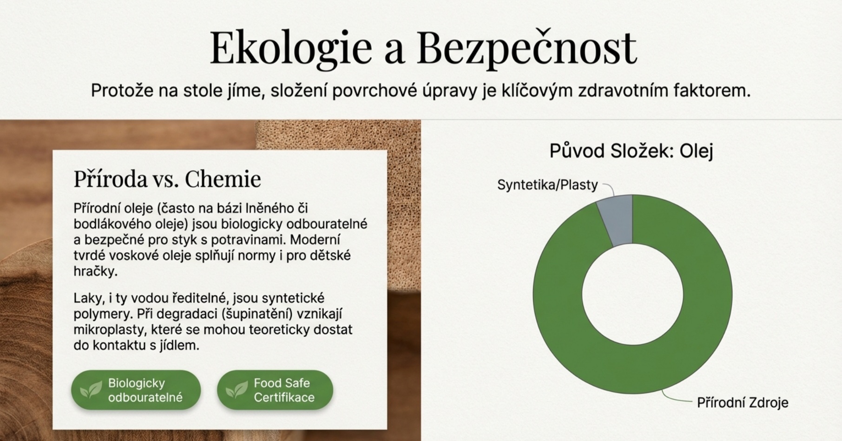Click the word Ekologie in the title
tap(291, 48)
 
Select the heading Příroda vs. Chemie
tap(167, 178)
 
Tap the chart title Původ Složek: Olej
tap(631, 151)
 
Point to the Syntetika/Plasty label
tap(547, 185)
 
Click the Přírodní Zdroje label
tap(743, 402)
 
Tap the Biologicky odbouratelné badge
tap(136, 390)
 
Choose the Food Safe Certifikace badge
tap(275, 390)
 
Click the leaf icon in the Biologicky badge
tap(91, 390)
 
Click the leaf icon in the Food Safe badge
tap(237, 390)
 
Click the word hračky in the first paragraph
tap(95, 271)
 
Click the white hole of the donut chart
tap(632, 294)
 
